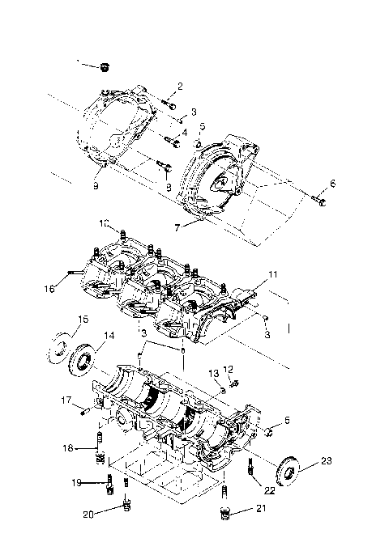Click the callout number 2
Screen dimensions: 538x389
point(180,87)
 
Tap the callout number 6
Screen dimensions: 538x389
point(331,184)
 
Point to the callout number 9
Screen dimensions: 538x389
point(96,185)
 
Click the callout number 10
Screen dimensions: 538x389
point(105,222)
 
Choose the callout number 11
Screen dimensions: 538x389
point(273,275)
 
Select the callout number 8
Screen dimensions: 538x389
point(169,187)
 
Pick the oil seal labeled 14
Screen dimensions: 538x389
point(83,359)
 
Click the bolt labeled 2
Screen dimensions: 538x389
point(167,103)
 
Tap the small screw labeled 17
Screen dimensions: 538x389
point(84,411)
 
